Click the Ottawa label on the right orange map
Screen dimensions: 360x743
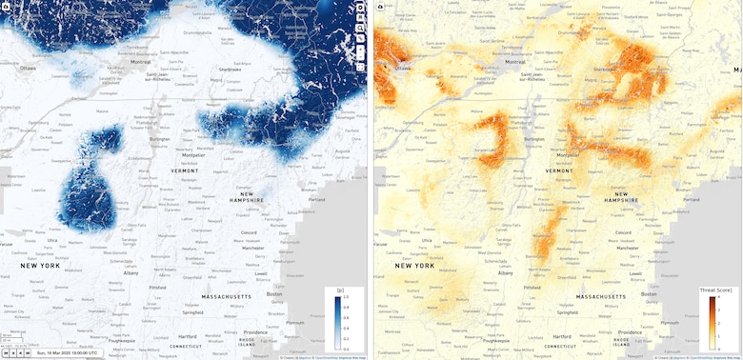(x=404, y=69)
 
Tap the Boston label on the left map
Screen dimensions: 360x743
(x=276, y=294)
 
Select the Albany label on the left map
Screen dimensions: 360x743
(x=131, y=272)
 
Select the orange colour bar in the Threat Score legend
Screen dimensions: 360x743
(x=712, y=321)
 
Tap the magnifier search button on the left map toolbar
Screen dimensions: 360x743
(x=361, y=29)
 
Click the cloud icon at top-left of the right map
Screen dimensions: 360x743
(x=380, y=7)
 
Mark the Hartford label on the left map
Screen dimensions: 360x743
(x=188, y=336)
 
